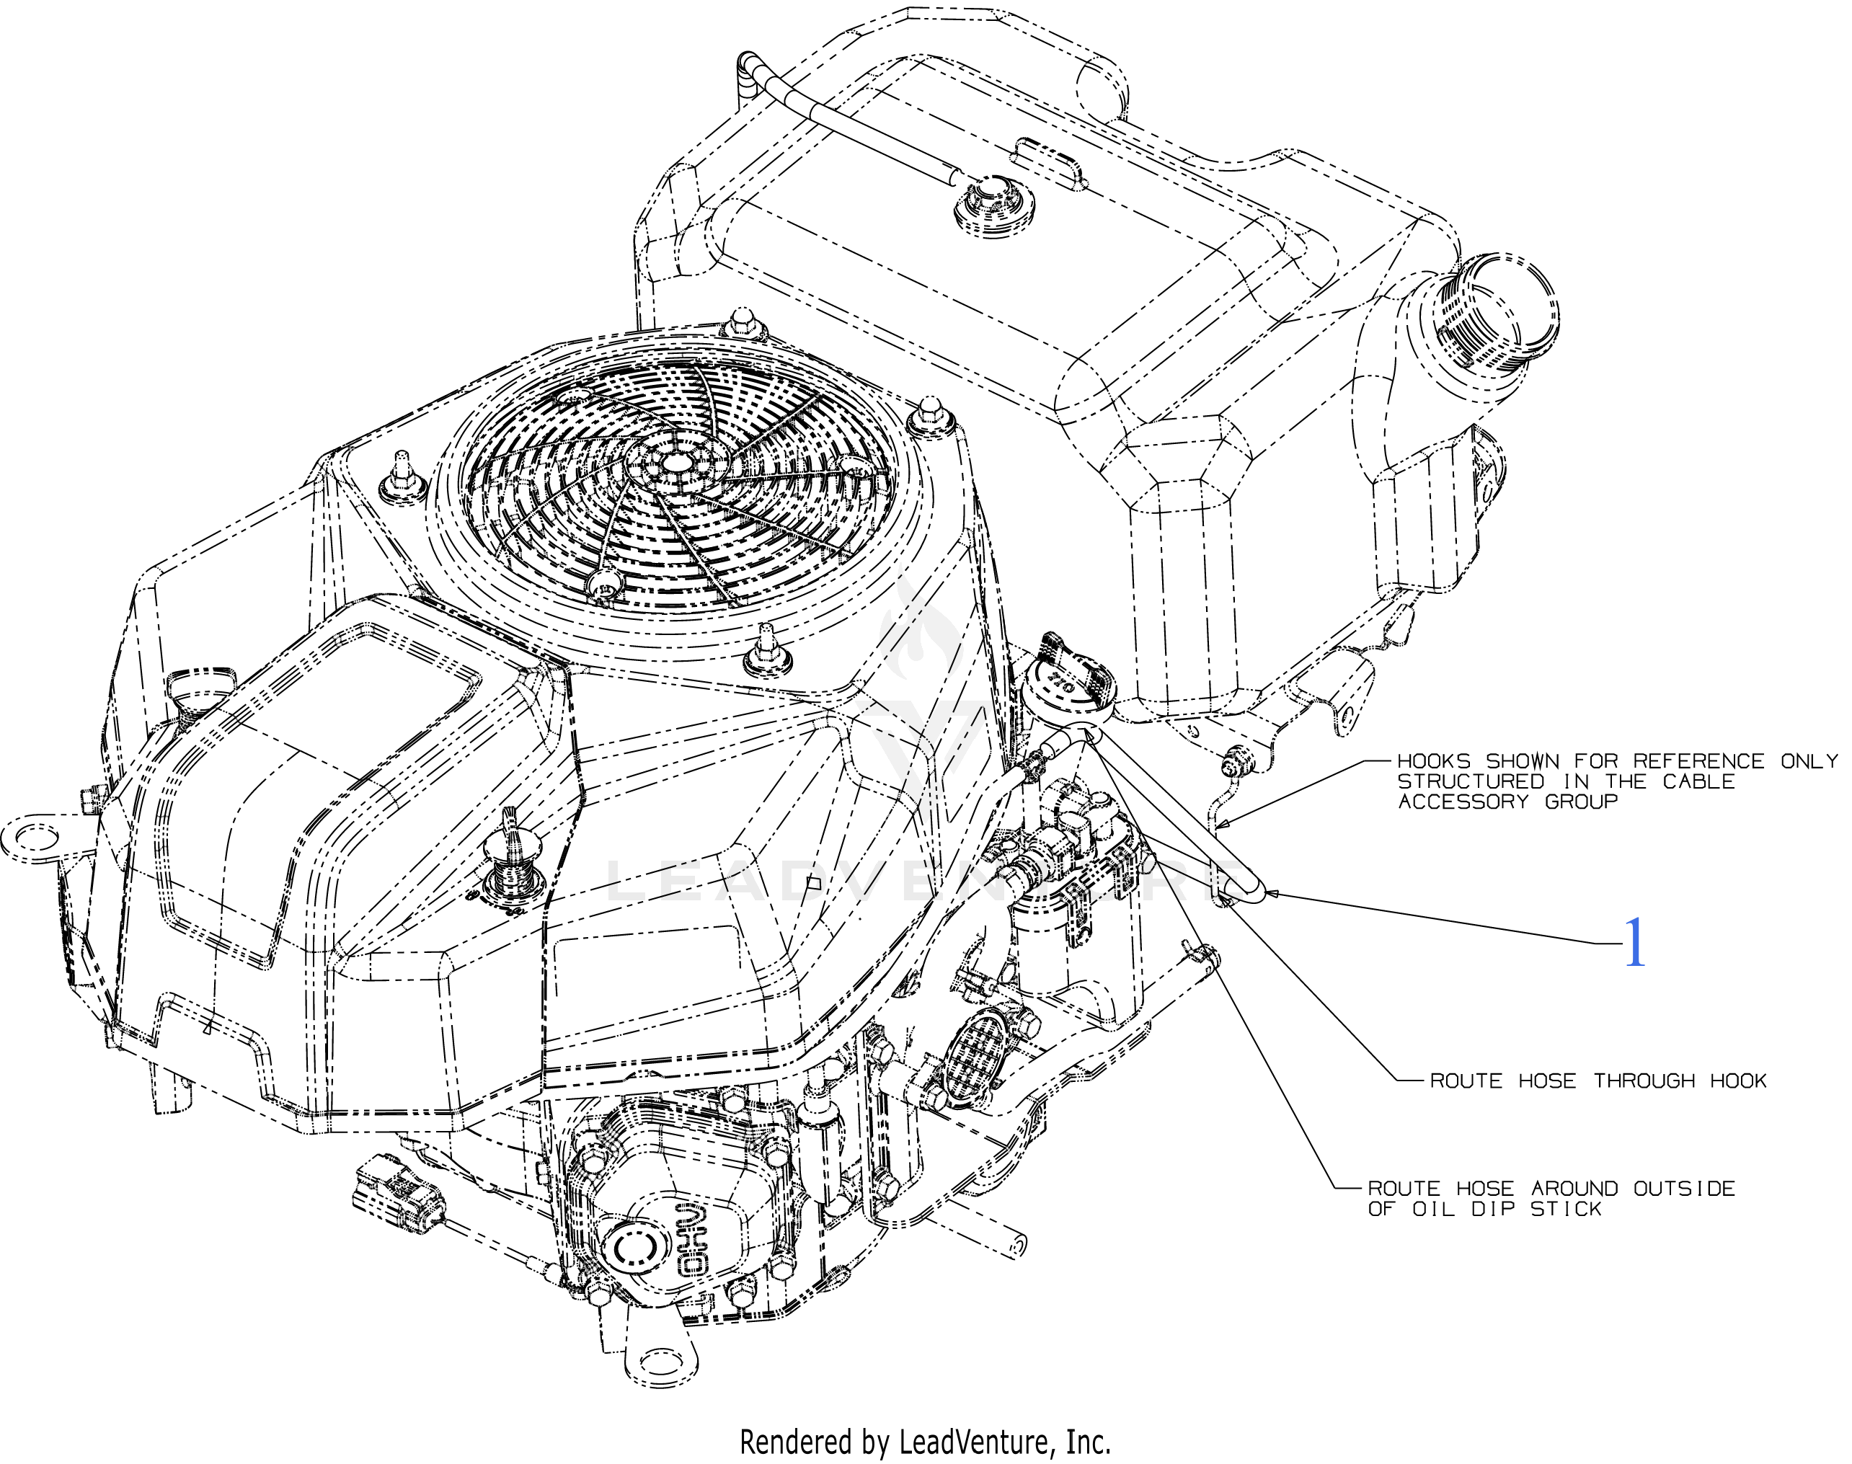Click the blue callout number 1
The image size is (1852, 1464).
click(1634, 943)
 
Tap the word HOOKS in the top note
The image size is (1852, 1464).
click(1434, 761)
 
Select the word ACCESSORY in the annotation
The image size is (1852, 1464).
click(1463, 802)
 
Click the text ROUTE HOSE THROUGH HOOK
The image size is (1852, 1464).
click(1598, 1081)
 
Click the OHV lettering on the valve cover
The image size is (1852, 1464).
click(695, 1243)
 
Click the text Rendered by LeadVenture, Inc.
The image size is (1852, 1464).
click(925, 1442)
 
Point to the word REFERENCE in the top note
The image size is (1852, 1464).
click(1698, 761)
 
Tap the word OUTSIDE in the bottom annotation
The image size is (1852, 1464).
click(1683, 1189)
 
